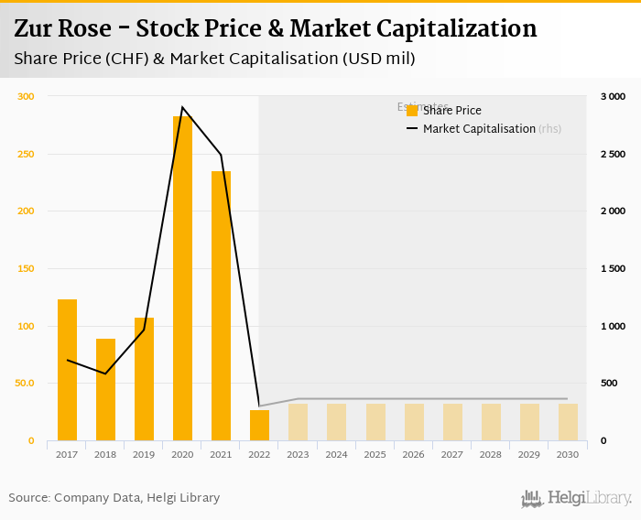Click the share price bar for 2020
coord(182,278)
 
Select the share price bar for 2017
coord(67,370)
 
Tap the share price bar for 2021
coord(221,306)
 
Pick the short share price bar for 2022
coord(259,426)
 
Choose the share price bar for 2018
coord(105,390)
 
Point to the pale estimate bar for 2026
coord(414,422)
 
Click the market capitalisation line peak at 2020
coord(182,108)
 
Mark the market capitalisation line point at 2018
coord(105,374)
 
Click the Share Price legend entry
coord(444,111)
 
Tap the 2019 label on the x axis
coord(144,455)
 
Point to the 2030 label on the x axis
coord(568,455)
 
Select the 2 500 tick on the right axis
coord(612,154)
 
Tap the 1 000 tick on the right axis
coord(612,326)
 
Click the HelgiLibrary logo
coord(576,498)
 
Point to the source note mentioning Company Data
coord(114,498)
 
